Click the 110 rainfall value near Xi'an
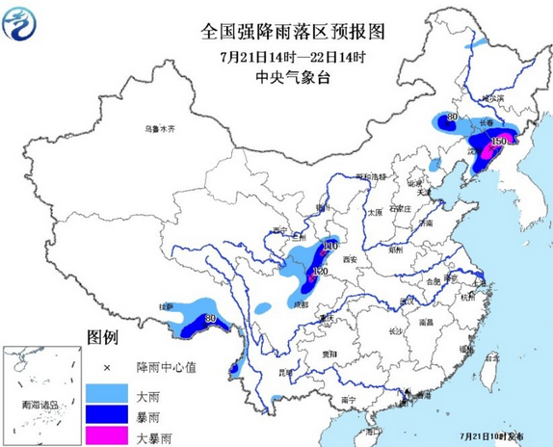click(329, 248)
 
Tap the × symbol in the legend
click(107, 367)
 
